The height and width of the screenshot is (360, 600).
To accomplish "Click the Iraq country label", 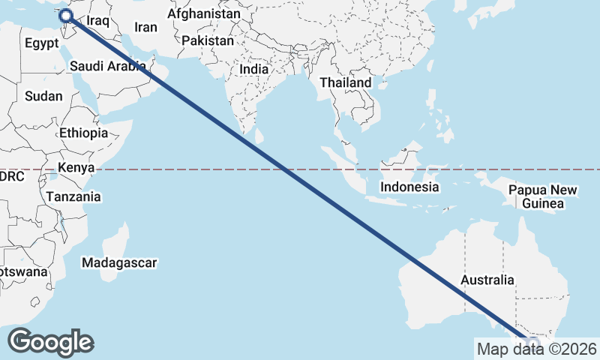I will coord(98,21).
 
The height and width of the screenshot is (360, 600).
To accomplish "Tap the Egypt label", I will coord(41,43).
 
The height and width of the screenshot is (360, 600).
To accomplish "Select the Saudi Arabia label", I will coord(108,66).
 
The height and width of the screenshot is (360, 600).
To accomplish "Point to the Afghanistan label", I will coord(204,14).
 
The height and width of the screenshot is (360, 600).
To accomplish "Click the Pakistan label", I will coord(208,40).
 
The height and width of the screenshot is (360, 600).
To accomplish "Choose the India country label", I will coord(253,69).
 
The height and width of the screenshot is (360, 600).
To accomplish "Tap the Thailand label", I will coord(346,82).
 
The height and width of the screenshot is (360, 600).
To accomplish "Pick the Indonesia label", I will coord(409,187).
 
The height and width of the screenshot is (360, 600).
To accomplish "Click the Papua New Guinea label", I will coord(543,196).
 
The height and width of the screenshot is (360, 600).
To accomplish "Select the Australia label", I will coord(488,280).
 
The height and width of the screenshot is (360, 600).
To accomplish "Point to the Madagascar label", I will coord(119,263).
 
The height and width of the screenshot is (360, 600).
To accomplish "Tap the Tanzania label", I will coord(73,196).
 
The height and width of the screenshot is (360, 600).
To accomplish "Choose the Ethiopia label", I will coord(84,133).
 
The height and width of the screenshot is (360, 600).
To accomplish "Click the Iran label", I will coord(145,28).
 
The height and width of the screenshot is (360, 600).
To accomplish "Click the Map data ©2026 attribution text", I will coord(536,349).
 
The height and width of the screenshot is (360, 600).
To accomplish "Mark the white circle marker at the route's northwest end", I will coord(65,15).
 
